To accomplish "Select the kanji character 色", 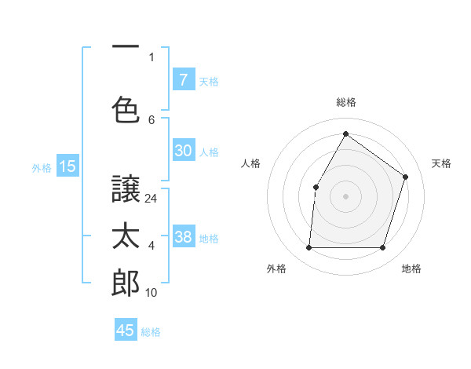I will (126, 108).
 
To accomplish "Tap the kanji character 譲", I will (126, 188).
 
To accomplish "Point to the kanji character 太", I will (126, 237).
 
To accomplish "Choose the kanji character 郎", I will (126, 283).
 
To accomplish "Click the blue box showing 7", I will (183, 79).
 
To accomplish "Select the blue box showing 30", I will (183, 152).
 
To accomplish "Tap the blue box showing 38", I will (183, 238).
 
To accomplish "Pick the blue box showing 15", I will (68, 166).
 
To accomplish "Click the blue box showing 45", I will (126, 331).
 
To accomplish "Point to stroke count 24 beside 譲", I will (152, 199).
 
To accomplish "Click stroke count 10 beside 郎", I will (152, 293).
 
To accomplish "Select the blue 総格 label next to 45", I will (151, 332).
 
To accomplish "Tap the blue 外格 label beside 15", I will (42, 167).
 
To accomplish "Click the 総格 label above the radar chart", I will (345, 102).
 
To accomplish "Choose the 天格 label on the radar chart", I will (441, 163).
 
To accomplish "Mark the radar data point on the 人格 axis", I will (316, 187).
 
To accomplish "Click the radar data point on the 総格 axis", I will (345, 134).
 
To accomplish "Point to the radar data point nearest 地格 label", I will (382, 248).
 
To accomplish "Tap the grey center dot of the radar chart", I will (345, 195).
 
